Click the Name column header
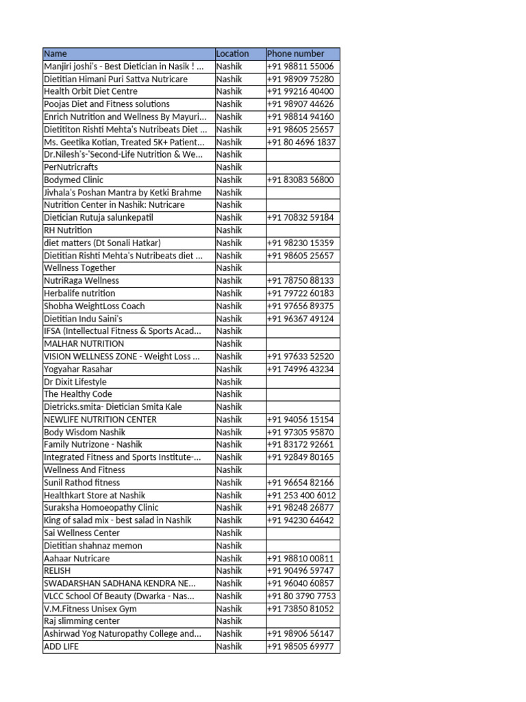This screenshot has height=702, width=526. (x=55, y=53)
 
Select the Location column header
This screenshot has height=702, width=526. (x=232, y=53)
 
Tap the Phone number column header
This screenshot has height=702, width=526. (x=295, y=53)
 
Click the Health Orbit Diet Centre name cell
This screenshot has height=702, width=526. (x=90, y=91)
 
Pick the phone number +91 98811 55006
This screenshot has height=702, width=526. (x=301, y=66)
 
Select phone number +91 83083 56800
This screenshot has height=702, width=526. (x=301, y=180)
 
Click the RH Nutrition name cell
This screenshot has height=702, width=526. (x=68, y=230)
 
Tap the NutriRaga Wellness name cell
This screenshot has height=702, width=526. (x=81, y=280)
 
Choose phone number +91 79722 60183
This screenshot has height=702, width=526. (x=301, y=293)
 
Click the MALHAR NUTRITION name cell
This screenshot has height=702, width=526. (x=84, y=343)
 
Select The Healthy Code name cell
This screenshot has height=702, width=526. (x=77, y=394)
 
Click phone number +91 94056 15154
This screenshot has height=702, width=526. (x=301, y=420)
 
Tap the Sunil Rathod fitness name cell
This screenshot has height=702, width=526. (x=82, y=483)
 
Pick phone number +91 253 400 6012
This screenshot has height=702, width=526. (x=301, y=495)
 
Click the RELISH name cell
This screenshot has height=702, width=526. (x=57, y=570)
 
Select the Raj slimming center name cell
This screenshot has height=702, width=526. (x=77, y=621)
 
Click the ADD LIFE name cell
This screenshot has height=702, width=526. (x=61, y=646)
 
